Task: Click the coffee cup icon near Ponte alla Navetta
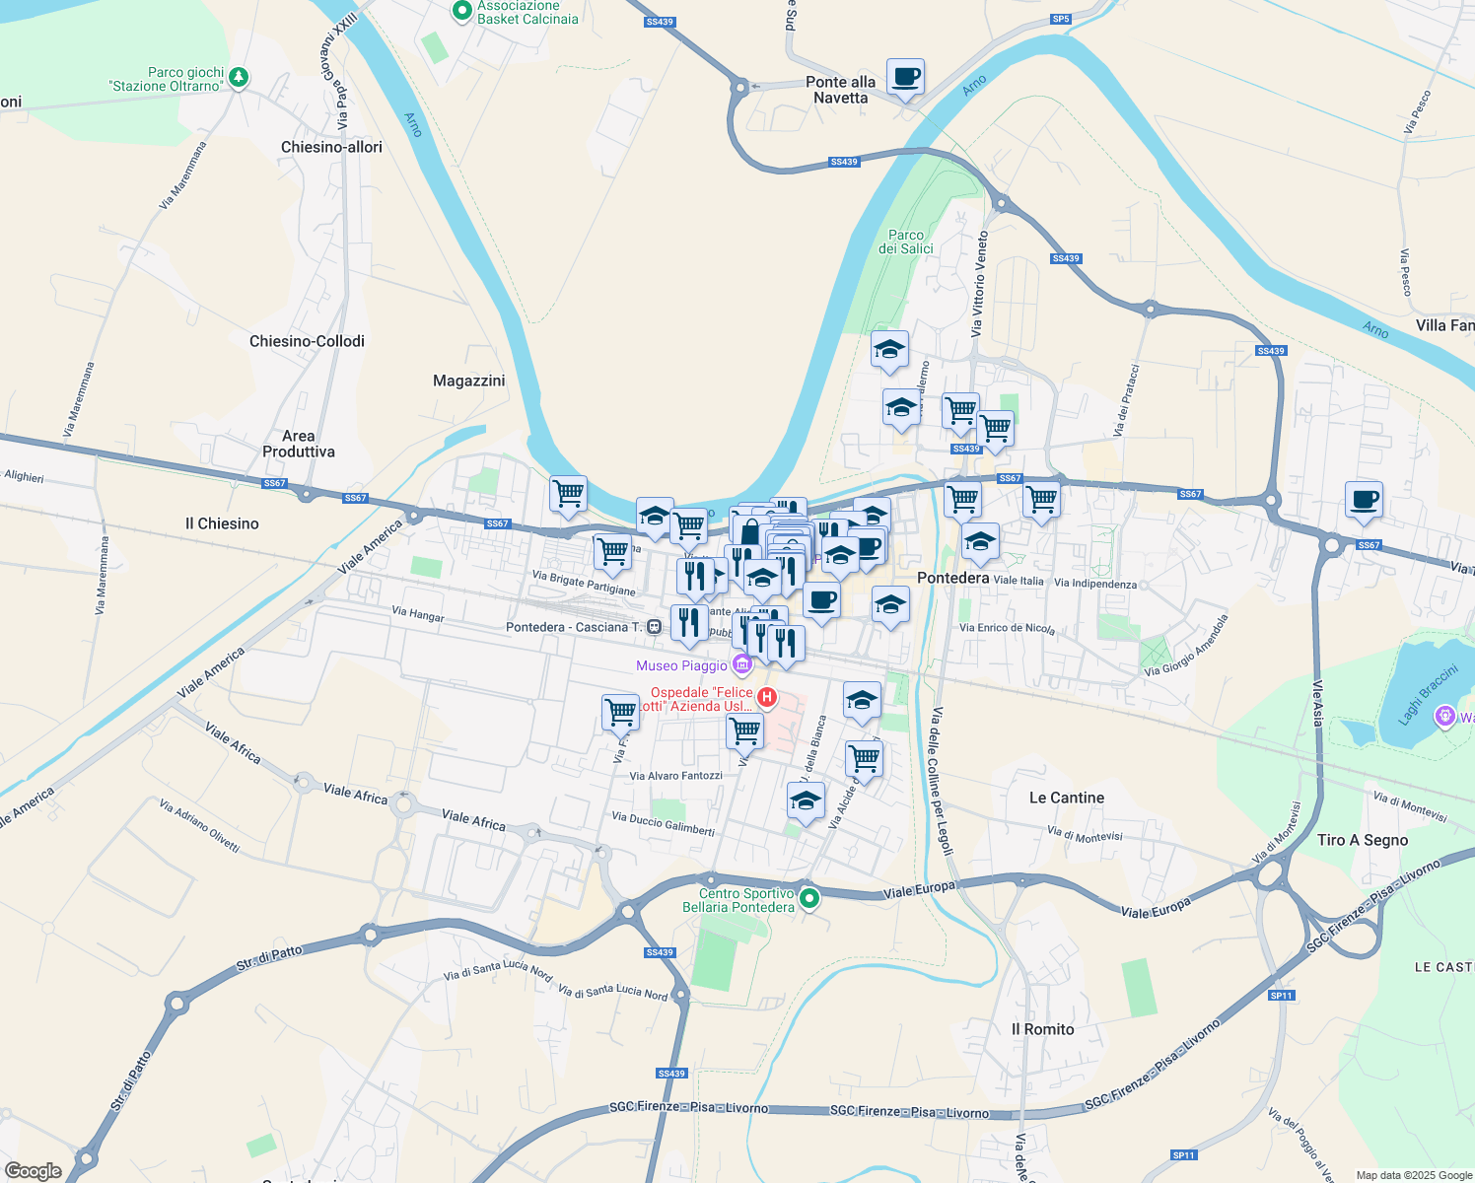(905, 77)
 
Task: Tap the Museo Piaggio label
(681, 666)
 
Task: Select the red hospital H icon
(766, 698)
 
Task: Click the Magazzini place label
(468, 381)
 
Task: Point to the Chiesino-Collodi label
(307, 341)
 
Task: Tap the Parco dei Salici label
(905, 242)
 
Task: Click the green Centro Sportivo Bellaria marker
(809, 898)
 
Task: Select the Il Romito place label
(1042, 1029)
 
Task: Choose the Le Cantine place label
(1066, 798)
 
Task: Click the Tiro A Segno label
(1363, 840)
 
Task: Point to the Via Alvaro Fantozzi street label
(675, 776)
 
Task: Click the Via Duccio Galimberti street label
(663, 823)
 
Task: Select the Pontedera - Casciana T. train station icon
(654, 627)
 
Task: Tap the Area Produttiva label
(298, 444)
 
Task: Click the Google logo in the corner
(33, 1171)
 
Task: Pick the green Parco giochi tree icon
(239, 78)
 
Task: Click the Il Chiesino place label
(222, 523)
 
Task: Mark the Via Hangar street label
(418, 614)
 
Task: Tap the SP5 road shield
(1061, 19)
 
